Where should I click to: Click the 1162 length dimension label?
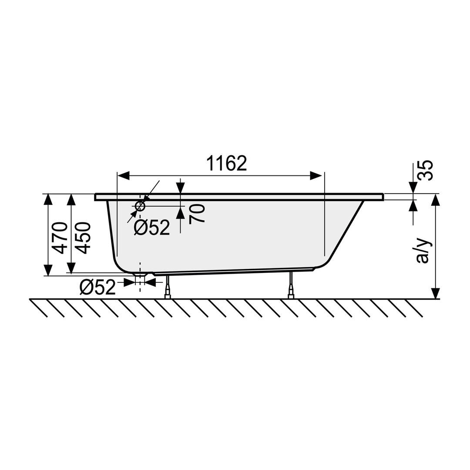point(227,163)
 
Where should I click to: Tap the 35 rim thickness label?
point(426,170)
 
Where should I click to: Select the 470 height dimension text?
point(59,238)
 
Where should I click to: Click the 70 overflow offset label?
point(197,213)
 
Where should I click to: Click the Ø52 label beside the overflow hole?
point(152,228)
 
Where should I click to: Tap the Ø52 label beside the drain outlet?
point(98,287)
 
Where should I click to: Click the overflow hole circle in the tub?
point(140,206)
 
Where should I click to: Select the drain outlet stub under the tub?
point(140,279)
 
